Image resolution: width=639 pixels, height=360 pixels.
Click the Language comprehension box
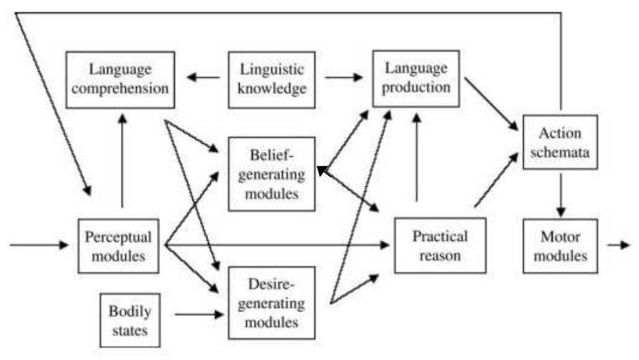tap(120, 80)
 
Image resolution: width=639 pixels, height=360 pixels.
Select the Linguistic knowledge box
tap(271, 80)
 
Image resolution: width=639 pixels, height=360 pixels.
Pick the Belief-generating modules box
tap(271, 174)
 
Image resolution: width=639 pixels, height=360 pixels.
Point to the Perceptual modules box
tap(118, 246)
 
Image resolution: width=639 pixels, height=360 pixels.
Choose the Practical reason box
tap(440, 245)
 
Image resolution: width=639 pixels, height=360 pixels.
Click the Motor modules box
tap(560, 246)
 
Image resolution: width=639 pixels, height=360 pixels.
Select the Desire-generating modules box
tap(271, 303)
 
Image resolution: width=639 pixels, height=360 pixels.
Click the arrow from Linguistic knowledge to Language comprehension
tap(203, 77)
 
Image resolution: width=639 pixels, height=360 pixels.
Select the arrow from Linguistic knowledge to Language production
tap(344, 77)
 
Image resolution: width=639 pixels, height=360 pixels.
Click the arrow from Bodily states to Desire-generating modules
tap(200, 315)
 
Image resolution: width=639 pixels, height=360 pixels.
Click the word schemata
tap(560, 151)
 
